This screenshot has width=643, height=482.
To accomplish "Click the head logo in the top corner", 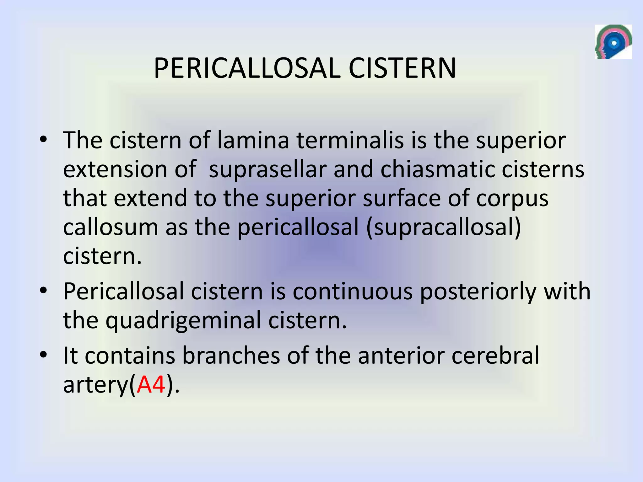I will pos(613,42).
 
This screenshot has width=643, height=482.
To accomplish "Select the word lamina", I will pos(253,140).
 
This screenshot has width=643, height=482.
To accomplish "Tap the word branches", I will pos(231,356).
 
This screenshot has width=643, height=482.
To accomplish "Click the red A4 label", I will pos(151,384).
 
